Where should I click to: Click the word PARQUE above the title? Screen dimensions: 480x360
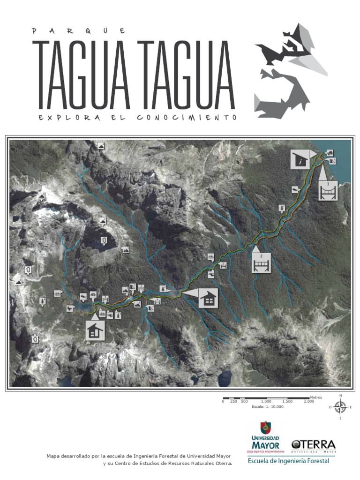(x=79, y=31)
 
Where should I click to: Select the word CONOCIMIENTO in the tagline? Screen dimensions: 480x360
(x=187, y=118)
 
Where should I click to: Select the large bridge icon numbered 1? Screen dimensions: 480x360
(x=328, y=190)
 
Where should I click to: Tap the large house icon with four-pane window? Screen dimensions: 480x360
(x=208, y=298)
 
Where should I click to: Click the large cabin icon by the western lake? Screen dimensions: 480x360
(x=95, y=331)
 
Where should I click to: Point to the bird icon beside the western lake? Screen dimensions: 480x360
(x=70, y=309)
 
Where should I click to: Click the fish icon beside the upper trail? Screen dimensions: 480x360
(x=295, y=189)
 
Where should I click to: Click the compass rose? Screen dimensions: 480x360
(x=340, y=407)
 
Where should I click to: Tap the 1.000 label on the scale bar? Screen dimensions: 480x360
(x=266, y=402)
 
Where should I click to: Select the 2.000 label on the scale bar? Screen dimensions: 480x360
(x=309, y=402)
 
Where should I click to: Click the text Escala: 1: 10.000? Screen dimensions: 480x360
(x=268, y=407)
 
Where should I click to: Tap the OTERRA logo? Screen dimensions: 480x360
(x=313, y=445)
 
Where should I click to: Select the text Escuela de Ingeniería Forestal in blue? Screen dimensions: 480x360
(x=288, y=461)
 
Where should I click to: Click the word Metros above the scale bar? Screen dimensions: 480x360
(x=316, y=397)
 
